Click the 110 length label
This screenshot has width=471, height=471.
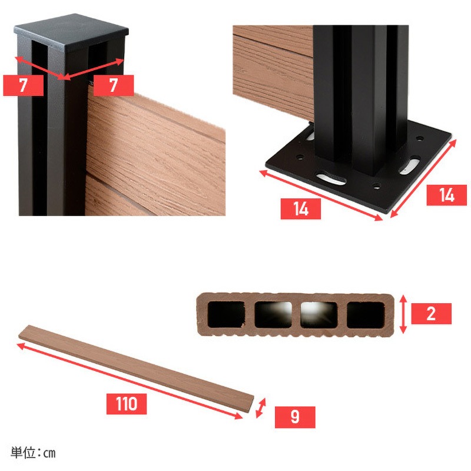(127, 404)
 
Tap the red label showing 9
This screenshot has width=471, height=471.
(295, 417)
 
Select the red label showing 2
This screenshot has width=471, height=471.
(431, 314)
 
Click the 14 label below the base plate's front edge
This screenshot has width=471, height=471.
(301, 209)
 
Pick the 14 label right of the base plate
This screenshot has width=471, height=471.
(447, 195)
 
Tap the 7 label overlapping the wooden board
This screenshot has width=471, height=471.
(114, 85)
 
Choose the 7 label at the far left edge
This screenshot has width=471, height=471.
(23, 85)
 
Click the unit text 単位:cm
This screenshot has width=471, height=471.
(33, 453)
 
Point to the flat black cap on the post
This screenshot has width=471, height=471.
(71, 32)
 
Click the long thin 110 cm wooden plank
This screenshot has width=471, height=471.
(136, 369)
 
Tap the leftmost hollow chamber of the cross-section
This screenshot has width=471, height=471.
(226, 314)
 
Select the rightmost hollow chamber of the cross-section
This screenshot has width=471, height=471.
(365, 314)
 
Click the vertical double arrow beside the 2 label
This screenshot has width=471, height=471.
(403, 314)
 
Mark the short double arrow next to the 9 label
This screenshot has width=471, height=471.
(261, 408)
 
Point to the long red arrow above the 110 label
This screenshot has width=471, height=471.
(130, 381)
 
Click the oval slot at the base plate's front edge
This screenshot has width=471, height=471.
(331, 178)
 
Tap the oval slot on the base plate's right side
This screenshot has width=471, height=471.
(409, 165)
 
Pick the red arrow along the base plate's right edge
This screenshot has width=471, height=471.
(423, 178)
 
